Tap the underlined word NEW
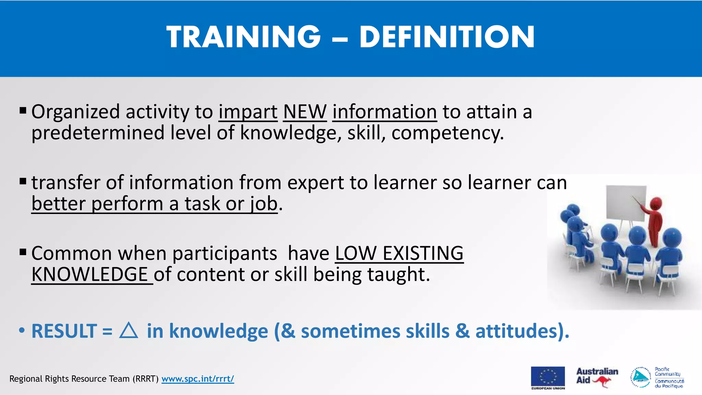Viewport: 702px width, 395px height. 305,112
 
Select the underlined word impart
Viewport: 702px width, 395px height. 248,112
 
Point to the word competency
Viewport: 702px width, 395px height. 447,133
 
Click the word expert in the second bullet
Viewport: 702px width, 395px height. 315,182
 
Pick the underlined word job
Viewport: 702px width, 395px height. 264,204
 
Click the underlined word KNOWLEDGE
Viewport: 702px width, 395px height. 90,275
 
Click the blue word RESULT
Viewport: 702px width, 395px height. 64,331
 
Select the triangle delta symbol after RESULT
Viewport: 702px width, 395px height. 129,331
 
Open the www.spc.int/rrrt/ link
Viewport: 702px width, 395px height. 197,379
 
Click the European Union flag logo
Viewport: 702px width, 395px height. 548,376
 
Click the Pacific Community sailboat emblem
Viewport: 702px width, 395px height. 640,377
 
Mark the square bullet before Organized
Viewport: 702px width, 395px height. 23,110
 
